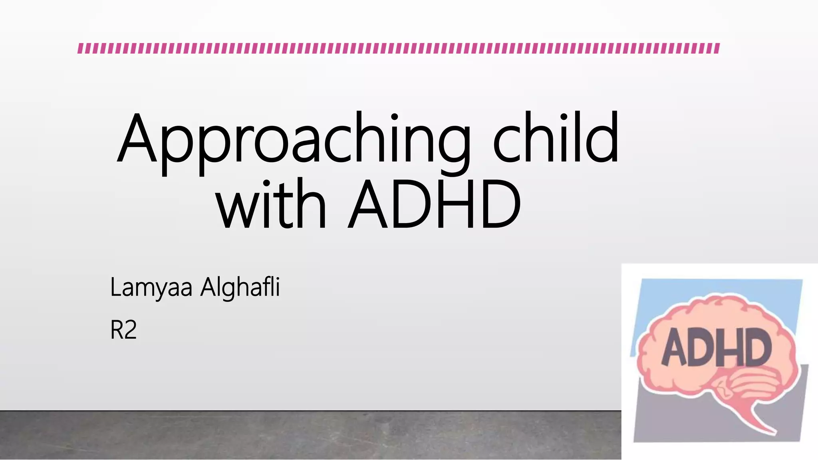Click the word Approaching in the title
coord(294,140)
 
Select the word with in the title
coord(271,204)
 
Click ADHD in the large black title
coord(434,204)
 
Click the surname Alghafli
coord(240,287)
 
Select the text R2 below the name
coord(123,330)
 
